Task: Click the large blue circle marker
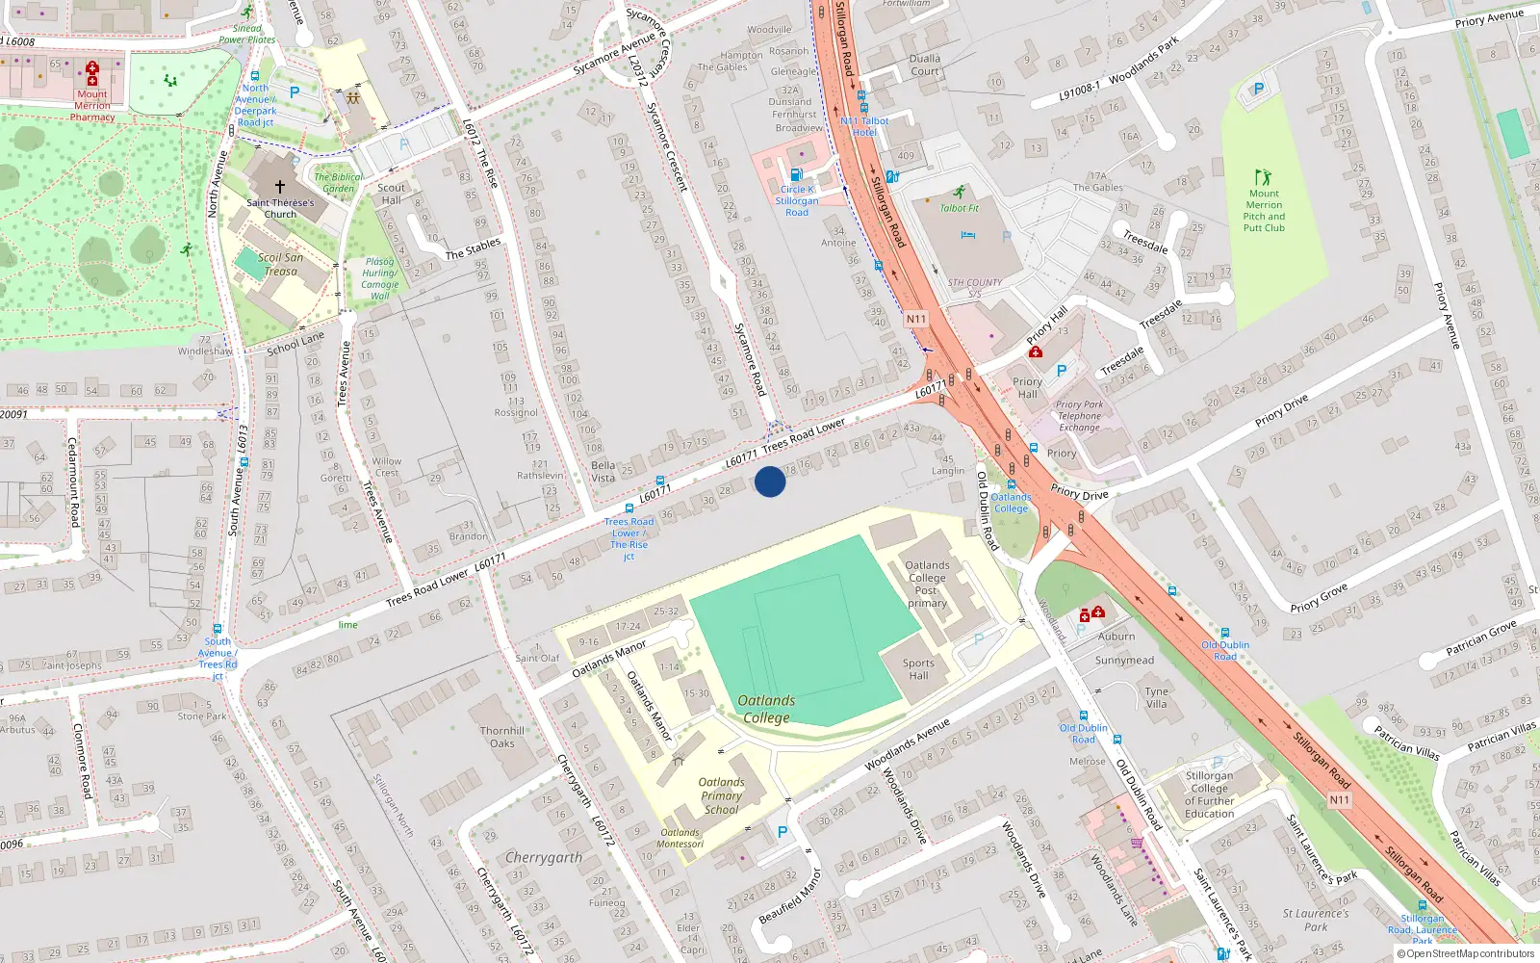click(770, 481)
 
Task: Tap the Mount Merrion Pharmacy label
click(92, 106)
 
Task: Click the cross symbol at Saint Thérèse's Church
click(280, 187)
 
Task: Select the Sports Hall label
click(918, 669)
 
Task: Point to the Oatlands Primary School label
click(721, 796)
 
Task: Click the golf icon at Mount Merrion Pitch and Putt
click(1263, 177)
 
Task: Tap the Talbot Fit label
click(959, 208)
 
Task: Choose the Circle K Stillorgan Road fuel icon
click(796, 174)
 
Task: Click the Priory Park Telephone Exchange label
click(1079, 416)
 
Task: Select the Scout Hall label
click(391, 194)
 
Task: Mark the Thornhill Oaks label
click(502, 737)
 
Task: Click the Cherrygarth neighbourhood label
click(544, 857)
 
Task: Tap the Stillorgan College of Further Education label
click(1209, 794)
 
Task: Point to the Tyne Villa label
click(1156, 697)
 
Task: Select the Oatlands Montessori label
click(680, 838)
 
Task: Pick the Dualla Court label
click(924, 65)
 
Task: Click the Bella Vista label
click(603, 471)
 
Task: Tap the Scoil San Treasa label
click(280, 264)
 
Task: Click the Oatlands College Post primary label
click(927, 585)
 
